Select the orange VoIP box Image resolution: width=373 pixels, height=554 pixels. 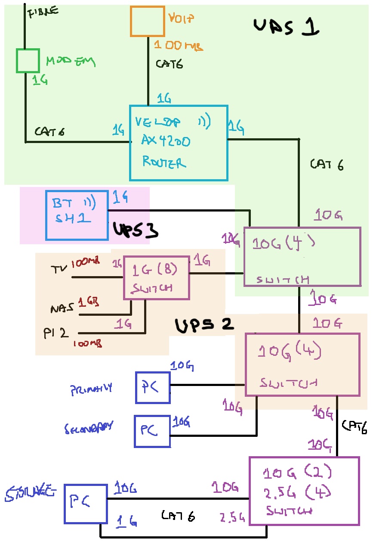click(148, 21)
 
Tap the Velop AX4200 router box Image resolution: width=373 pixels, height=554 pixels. click(179, 143)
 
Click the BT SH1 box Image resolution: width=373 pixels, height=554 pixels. click(77, 215)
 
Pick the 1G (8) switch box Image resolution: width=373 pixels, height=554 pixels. click(156, 277)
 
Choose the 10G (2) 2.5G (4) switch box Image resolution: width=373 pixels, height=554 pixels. click(304, 491)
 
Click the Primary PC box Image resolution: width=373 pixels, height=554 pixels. click(153, 388)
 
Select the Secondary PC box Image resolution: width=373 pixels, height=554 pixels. click(152, 431)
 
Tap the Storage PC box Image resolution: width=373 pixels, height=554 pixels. click(85, 504)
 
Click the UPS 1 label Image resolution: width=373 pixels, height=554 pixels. click(286, 27)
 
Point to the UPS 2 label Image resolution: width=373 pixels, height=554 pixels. click(204, 325)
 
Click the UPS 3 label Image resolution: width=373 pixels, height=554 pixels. click(135, 230)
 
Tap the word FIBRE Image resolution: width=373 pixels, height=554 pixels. click(43, 12)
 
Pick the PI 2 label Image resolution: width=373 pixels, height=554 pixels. click(56, 333)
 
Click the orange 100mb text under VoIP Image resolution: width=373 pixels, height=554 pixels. click(178, 45)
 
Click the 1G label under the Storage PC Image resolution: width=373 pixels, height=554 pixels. click(127, 522)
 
